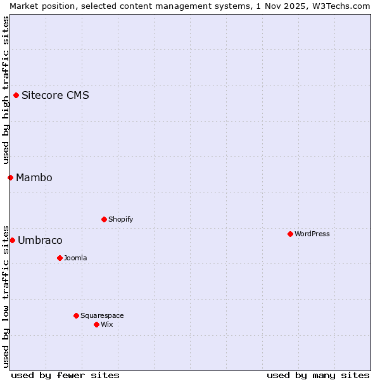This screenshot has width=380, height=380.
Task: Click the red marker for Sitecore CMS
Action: point(16,96)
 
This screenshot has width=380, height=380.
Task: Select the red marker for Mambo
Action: point(11,177)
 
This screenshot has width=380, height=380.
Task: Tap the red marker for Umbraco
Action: point(12,240)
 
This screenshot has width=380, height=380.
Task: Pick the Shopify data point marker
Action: point(104,219)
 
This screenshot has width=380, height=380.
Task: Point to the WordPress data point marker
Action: point(290,234)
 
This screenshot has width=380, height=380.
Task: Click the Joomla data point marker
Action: point(60,258)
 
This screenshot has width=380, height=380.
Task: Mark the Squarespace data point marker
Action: point(76,315)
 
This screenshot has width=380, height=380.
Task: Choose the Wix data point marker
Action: point(96,324)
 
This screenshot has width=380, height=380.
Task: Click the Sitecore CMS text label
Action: point(55,96)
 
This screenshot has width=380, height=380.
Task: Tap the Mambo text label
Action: point(34,177)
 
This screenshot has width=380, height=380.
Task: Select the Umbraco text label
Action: point(40,240)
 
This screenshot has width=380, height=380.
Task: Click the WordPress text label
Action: point(312,234)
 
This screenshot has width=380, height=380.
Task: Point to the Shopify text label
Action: point(120,219)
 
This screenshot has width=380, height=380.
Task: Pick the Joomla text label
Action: point(75,258)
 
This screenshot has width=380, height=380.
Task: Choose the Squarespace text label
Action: point(102,315)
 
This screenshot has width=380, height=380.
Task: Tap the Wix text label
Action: point(106,324)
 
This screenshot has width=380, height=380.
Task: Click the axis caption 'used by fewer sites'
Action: point(65,375)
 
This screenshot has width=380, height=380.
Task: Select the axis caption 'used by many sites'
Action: point(318,375)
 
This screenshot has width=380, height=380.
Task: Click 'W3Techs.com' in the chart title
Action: point(345,6)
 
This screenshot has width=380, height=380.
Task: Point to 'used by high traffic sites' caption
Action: point(6,91)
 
